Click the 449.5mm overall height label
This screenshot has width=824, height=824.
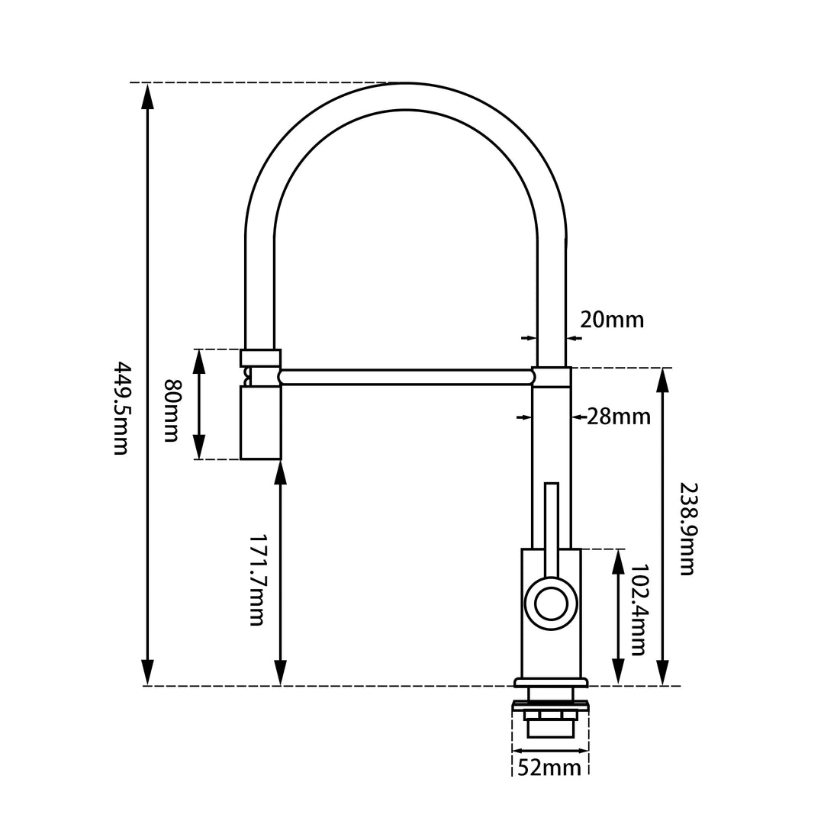click(121, 407)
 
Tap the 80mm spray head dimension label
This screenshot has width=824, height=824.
click(172, 410)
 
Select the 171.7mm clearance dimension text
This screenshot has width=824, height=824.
click(256, 580)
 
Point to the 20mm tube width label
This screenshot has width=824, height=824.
click(612, 320)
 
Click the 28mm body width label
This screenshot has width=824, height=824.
click(619, 417)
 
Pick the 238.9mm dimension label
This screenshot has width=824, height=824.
click(688, 529)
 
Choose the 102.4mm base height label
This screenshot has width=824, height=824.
click(638, 610)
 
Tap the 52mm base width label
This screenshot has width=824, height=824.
click(549, 768)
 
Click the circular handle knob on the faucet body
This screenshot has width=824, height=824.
click(551, 604)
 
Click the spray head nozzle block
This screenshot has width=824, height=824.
click(261, 423)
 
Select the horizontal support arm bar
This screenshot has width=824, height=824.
click(407, 378)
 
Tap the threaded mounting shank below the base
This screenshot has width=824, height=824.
click(551, 719)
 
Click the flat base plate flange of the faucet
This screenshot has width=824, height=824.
click(551, 683)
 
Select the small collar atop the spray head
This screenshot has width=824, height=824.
click(261, 358)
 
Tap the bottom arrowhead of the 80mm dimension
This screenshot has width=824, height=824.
click(198, 446)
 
